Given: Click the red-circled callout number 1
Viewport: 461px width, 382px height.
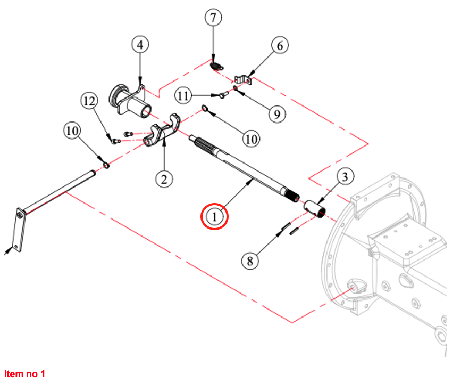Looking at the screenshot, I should click(x=214, y=217).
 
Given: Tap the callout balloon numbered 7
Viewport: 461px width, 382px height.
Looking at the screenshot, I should click(x=213, y=18).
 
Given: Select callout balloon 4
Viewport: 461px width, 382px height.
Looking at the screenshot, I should click(x=140, y=45).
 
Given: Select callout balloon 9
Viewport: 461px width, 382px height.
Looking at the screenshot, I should click(x=277, y=113).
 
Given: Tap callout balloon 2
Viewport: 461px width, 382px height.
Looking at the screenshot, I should click(x=164, y=178).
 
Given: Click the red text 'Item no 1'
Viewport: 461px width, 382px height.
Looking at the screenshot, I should click(x=24, y=374).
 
